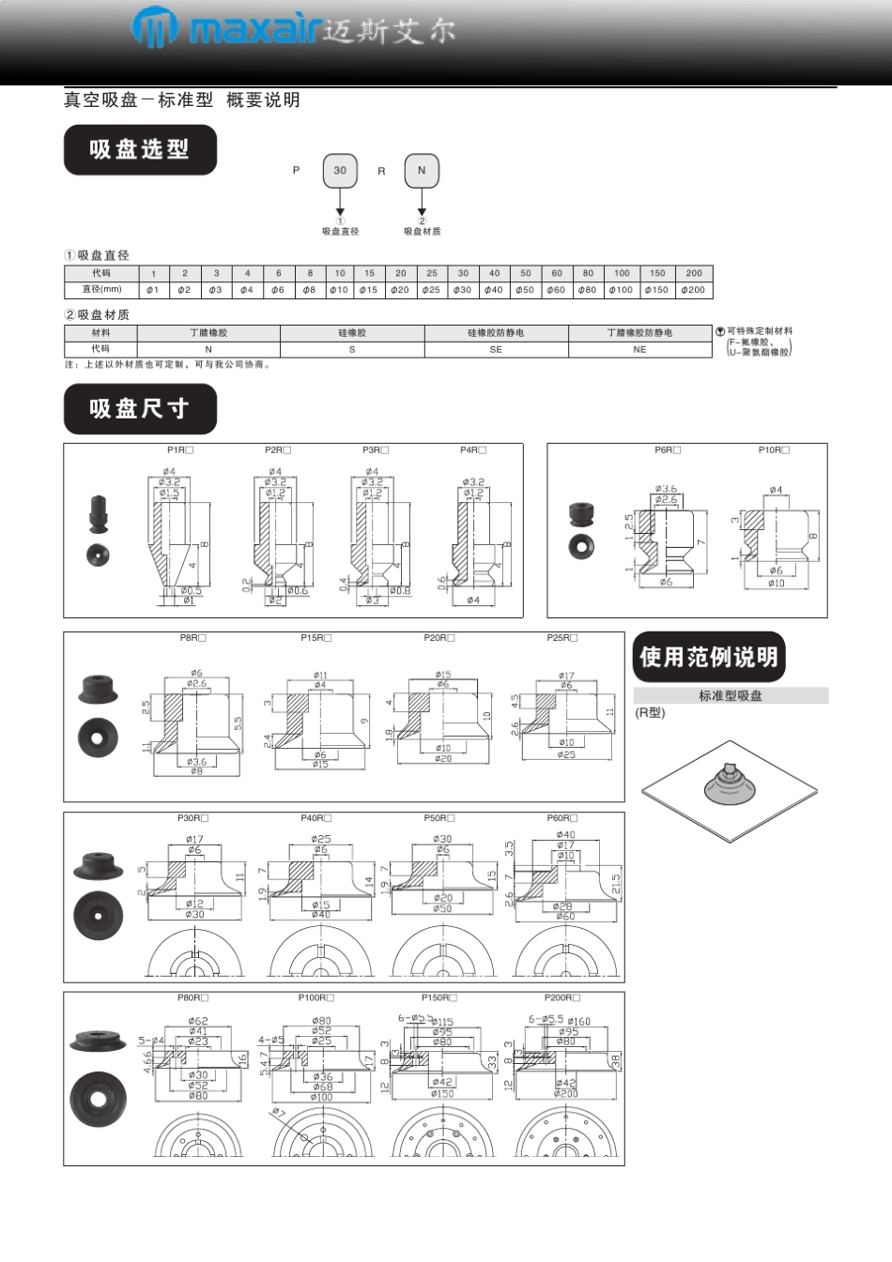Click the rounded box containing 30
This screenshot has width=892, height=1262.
340,171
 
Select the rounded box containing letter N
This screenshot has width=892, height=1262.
422,171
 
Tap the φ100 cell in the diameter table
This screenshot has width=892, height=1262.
621,290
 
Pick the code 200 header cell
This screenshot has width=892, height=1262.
694,273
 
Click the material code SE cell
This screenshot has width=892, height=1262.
496,349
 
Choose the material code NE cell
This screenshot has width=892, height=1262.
639,349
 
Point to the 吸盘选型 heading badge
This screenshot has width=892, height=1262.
140,150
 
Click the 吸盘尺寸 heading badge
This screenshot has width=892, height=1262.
140,409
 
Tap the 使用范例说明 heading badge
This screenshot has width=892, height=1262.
709,657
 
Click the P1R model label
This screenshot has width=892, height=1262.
180,450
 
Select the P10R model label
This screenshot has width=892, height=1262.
774,450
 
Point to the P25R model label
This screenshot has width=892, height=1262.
562,638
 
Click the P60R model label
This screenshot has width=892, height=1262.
562,818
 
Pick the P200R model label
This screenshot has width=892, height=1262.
562,998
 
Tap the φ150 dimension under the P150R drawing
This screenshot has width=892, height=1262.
443,1094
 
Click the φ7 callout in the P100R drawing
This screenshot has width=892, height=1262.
279,1113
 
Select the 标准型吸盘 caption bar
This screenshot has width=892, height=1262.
731,695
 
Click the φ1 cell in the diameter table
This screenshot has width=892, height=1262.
153,290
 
